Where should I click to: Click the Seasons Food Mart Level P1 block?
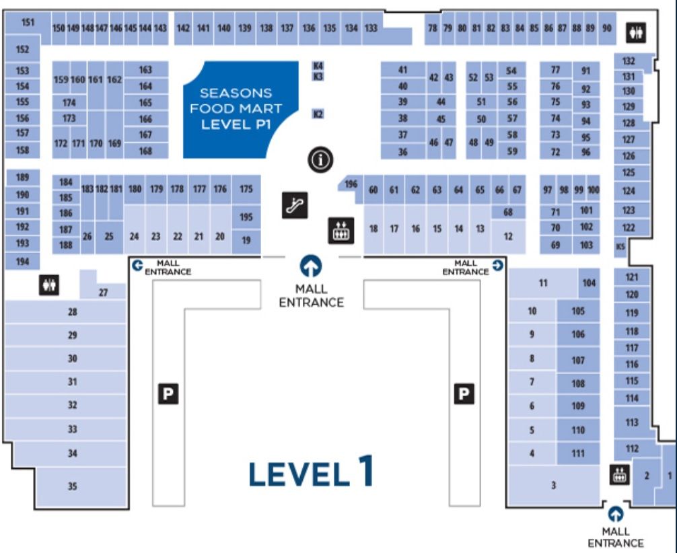click(240, 109)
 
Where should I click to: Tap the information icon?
click(320, 160)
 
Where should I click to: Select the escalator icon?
click(295, 205)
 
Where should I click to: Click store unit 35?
click(82, 486)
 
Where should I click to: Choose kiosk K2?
click(318, 114)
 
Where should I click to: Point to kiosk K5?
click(620, 247)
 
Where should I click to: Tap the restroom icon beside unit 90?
click(636, 33)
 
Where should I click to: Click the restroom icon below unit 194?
click(49, 285)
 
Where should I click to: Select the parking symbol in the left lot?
click(168, 394)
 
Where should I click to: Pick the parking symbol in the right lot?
click(464, 394)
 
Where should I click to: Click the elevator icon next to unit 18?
click(341, 231)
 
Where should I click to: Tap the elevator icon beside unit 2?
click(620, 475)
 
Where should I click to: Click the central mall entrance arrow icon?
click(311, 266)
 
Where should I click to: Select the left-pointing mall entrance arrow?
click(137, 265)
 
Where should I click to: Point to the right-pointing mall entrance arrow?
click(498, 265)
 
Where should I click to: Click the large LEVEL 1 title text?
click(311, 472)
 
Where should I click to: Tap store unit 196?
click(351, 184)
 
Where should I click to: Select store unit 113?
click(632, 422)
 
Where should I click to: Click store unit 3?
click(554, 486)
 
